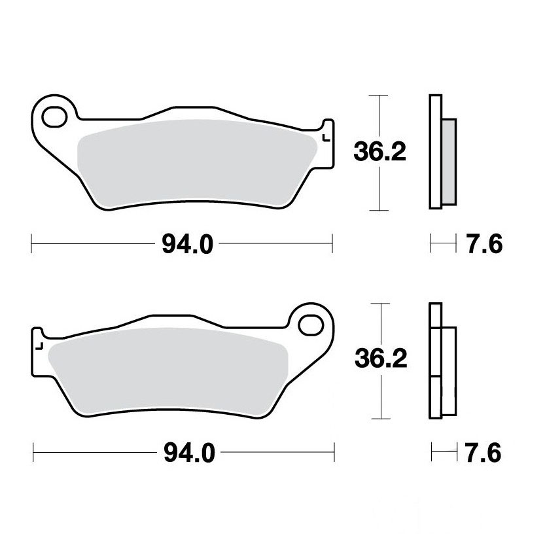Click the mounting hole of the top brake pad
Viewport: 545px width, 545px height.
click(x=54, y=116)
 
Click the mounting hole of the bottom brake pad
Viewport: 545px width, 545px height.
click(x=311, y=325)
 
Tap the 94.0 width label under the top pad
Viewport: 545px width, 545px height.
click(x=187, y=244)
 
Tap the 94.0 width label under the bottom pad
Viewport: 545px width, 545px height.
click(x=189, y=453)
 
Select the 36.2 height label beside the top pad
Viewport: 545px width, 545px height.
click(x=379, y=152)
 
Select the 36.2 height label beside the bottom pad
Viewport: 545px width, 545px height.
click(x=381, y=359)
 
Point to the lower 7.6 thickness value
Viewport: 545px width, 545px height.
click(x=483, y=453)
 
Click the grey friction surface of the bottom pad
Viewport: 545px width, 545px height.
click(x=169, y=371)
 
